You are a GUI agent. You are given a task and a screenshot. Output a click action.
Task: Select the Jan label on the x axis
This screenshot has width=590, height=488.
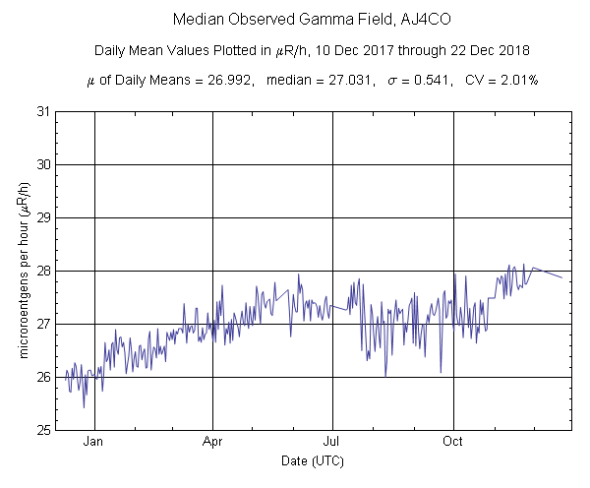[x=94, y=442]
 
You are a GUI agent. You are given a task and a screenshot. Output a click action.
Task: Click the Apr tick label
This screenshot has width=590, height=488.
[x=213, y=442]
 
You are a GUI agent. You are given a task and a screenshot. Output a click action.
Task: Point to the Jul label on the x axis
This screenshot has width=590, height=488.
[x=332, y=442]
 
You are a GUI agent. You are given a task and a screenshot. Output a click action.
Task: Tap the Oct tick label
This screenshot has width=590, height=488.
[x=453, y=442]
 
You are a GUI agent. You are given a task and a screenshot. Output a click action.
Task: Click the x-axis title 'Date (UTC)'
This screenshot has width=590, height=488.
[x=312, y=460]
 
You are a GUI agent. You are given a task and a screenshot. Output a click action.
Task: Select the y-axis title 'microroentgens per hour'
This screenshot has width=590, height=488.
[x=24, y=271]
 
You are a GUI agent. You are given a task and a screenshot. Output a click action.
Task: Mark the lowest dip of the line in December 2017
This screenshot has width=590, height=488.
[x=84, y=407]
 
